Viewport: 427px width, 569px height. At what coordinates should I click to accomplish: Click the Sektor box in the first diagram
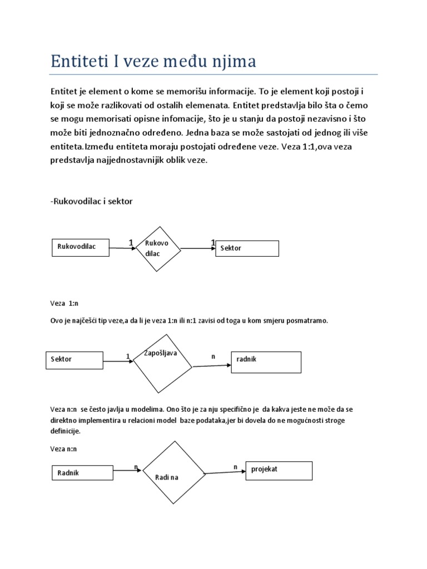[247, 248]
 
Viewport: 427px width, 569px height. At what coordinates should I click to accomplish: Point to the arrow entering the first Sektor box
[198, 248]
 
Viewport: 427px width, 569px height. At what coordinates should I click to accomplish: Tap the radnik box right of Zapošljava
[266, 362]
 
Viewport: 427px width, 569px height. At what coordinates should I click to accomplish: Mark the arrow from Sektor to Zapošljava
[117, 362]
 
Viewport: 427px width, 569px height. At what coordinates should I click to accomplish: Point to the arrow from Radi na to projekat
[225, 472]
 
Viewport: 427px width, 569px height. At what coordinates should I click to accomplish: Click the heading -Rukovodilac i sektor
[92, 201]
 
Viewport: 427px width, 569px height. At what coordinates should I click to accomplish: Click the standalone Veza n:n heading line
[63, 449]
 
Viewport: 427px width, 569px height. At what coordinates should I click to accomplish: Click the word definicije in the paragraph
[65, 431]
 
